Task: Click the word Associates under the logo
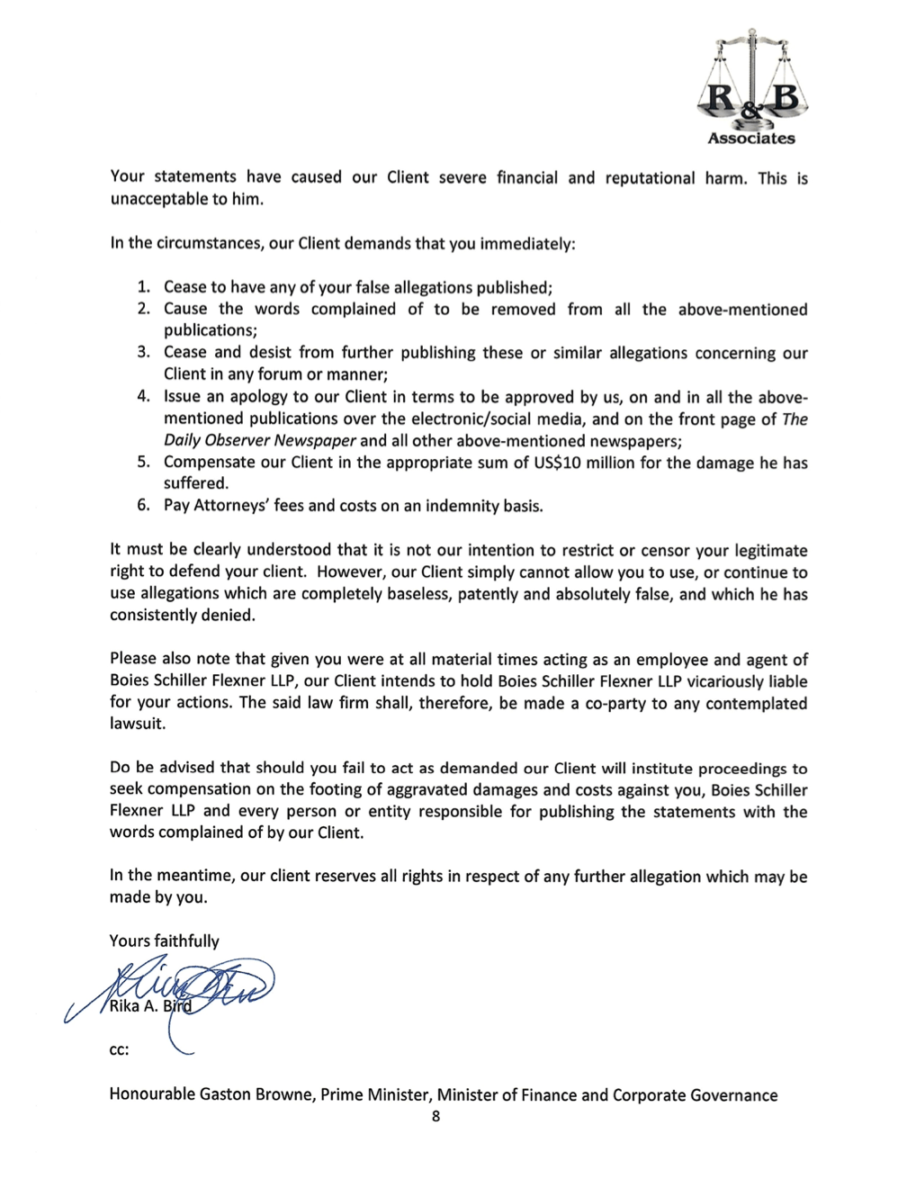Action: tap(751, 139)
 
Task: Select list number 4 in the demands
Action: tap(144, 396)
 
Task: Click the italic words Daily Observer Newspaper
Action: tap(260, 440)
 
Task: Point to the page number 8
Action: tap(436, 1116)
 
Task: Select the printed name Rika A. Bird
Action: tap(150, 1006)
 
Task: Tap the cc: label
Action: tap(119, 1049)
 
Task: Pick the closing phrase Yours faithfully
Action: tap(164, 940)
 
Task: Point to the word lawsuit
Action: tap(137, 724)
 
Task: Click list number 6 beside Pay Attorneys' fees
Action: tap(144, 505)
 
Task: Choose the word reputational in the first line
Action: tap(650, 177)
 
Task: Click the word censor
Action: tap(667, 550)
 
